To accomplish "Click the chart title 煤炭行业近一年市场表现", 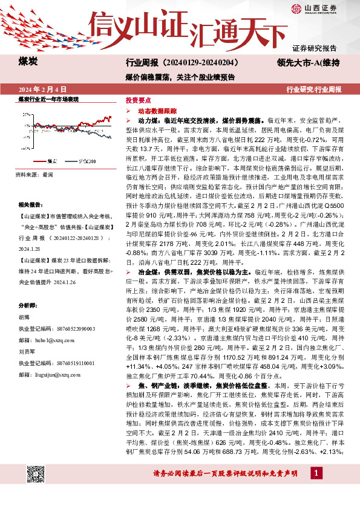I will coord(48,99).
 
